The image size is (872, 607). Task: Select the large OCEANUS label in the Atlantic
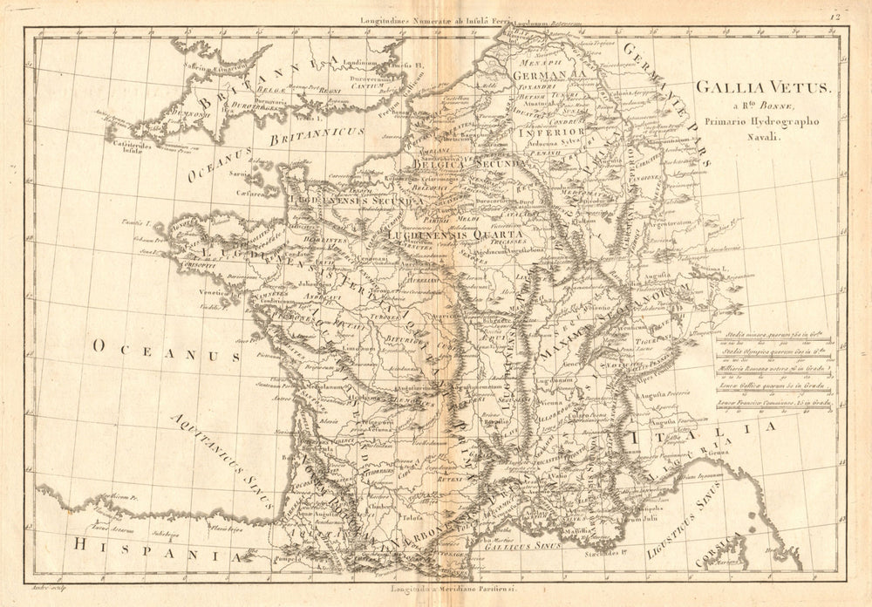(x=166, y=354)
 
